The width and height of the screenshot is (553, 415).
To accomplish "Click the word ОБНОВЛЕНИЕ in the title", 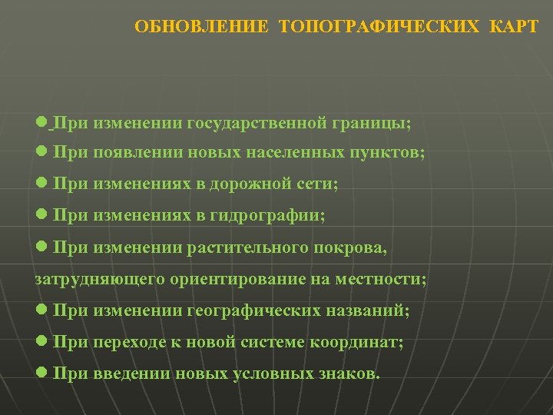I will coord(201,28).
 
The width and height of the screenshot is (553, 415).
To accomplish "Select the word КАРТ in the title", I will coord(511,28).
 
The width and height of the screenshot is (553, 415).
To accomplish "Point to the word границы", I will coord(372,122).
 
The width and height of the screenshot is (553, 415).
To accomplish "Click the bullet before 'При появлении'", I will coord(42,152).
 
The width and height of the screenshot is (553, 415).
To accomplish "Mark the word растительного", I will coord(246,248).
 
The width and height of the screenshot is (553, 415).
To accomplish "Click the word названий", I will coord(374,311).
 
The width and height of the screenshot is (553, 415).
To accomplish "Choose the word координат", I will coord(358,343).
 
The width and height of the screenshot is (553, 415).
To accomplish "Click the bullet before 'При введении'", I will coord(42,373).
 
